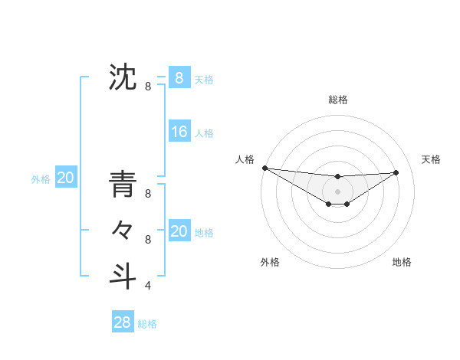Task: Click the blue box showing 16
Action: click(179, 132)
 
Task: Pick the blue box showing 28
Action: click(122, 322)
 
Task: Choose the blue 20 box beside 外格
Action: click(65, 178)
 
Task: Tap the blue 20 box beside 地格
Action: click(179, 231)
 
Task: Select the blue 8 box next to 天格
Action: click(179, 77)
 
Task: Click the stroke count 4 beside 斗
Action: click(148, 286)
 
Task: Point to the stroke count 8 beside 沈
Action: click(148, 87)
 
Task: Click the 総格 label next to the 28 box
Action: click(147, 324)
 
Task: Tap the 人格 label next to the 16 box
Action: click(204, 133)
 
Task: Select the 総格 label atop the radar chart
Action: click(337, 100)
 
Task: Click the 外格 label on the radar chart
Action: click(270, 262)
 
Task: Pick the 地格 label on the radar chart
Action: click(402, 262)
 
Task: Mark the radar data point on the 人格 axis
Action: click(264, 167)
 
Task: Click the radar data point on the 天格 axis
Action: click(396, 172)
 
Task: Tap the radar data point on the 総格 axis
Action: click(337, 177)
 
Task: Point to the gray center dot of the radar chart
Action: click(337, 191)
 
